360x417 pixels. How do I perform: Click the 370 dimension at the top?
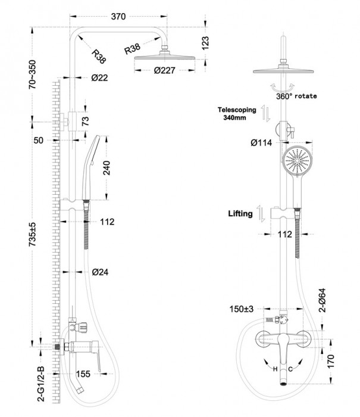118,17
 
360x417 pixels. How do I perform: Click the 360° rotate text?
296,95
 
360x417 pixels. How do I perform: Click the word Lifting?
240,212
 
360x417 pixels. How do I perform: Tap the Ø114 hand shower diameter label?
262,143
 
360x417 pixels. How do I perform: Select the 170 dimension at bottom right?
338,359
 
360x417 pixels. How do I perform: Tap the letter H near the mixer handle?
275,369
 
